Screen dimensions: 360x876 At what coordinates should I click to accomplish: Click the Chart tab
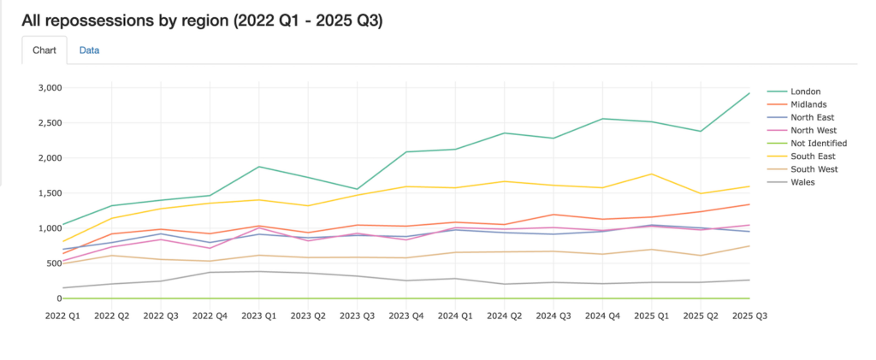(x=44, y=50)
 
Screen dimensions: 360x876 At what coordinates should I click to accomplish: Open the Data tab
(x=89, y=50)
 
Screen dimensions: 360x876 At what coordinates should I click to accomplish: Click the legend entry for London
(x=806, y=91)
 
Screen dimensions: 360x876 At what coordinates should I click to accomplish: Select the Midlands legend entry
(x=809, y=104)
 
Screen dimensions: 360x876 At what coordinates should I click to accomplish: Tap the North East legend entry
(x=812, y=117)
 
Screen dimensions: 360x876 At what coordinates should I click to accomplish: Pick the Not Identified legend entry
(x=819, y=143)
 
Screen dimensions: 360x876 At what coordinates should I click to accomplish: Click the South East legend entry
(x=812, y=156)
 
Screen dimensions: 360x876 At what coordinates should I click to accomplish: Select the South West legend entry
(x=813, y=168)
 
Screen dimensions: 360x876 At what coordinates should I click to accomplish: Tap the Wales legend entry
(x=802, y=181)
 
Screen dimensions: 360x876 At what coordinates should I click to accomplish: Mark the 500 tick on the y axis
(x=54, y=263)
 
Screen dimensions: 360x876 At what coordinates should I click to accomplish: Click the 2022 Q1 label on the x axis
(x=63, y=316)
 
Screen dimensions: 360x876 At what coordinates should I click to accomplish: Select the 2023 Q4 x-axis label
(x=405, y=316)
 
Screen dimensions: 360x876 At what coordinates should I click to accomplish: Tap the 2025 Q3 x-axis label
(x=749, y=316)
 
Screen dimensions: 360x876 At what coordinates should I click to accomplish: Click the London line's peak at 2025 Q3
(x=749, y=93)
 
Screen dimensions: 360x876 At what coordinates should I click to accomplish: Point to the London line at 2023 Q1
(x=259, y=167)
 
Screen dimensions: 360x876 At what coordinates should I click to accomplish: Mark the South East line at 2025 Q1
(x=652, y=174)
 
